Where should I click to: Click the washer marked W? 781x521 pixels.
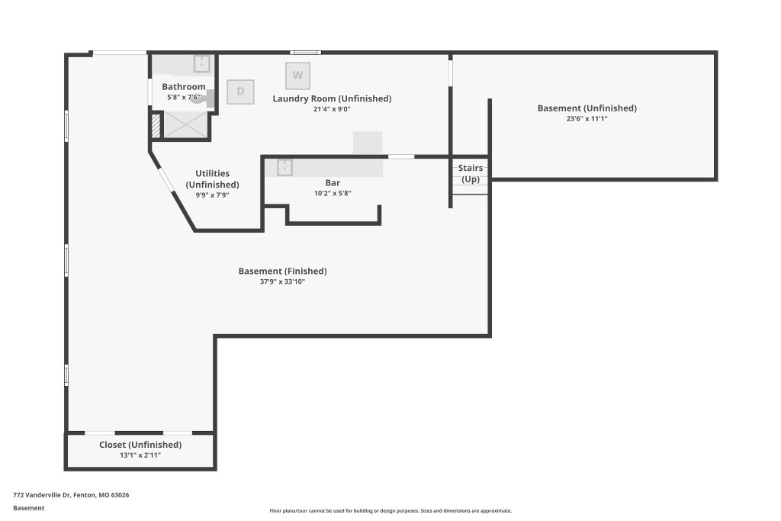[298, 76]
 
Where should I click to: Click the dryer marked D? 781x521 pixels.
[240, 92]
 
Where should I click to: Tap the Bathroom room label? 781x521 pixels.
[184, 87]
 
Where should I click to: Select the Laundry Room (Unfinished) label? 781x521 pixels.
[332, 98]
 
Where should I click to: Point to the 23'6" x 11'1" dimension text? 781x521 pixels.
[587, 118]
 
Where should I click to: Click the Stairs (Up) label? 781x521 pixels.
[471, 173]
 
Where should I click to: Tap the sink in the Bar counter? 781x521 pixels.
[284, 167]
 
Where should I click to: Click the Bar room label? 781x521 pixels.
[333, 183]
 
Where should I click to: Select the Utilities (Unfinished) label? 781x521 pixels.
[213, 178]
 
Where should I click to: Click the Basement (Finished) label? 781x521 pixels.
[282, 271]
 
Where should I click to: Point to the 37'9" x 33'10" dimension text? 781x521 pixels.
[282, 281]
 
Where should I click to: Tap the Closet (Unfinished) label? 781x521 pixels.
[140, 445]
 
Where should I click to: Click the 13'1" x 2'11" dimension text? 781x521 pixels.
[140, 455]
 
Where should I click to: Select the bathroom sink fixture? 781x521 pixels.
[201, 64]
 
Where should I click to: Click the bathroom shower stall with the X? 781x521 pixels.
[185, 124]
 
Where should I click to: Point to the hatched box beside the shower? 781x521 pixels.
[156, 126]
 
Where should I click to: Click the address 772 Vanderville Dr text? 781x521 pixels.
[43, 495]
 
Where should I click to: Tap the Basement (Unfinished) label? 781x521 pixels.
[587, 108]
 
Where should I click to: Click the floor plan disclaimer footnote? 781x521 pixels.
[390, 510]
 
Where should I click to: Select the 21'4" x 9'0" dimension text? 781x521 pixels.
[332, 109]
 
